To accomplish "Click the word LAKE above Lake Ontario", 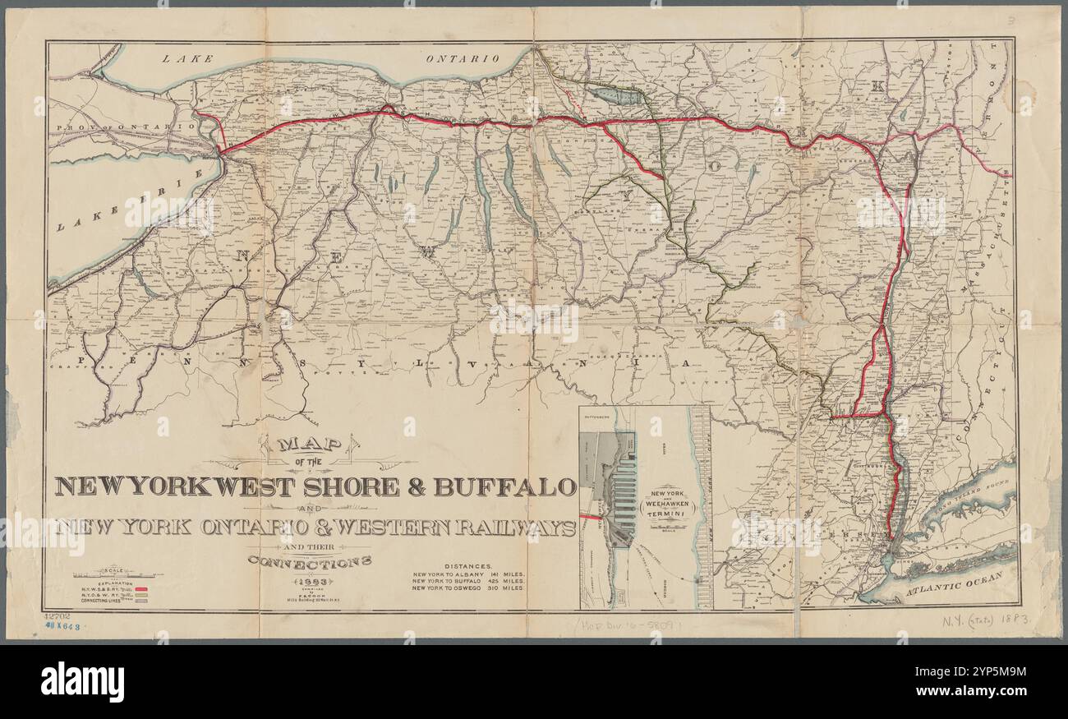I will (x=187, y=58).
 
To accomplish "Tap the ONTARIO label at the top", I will (x=463, y=58).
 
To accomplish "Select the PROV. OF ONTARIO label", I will (x=123, y=127).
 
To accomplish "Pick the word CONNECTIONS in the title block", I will (x=310, y=562).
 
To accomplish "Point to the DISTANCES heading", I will (x=468, y=566).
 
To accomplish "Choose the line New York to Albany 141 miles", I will (x=468, y=574).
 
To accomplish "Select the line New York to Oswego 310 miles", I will (x=468, y=588).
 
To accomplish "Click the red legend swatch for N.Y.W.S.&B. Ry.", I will (x=142, y=589).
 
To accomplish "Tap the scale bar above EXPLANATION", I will (x=115, y=576).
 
